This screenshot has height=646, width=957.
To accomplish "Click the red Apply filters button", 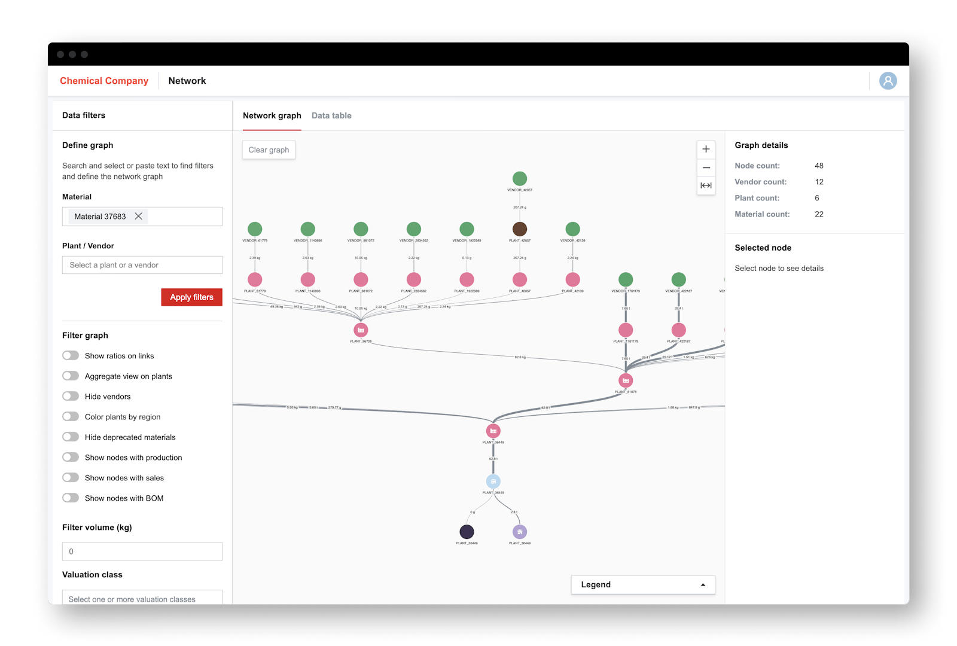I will pos(191,297).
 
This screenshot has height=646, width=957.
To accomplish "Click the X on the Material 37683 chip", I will pos(139,217).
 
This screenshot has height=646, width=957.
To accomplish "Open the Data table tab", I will pos(331,115).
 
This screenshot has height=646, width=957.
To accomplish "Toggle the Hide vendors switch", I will pos(71,397).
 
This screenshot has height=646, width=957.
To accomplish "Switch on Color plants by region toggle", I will pos(71,417).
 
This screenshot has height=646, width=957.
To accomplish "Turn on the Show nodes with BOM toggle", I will pos(71,498).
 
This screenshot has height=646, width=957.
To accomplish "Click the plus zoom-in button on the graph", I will pos(706,150).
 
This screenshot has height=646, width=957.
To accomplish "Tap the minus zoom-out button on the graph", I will pos(706,167).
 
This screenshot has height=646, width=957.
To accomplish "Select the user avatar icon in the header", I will pos(888,81).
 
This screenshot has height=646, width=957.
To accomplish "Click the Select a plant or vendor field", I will pos(142,265).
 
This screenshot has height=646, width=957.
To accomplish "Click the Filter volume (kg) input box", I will pos(142,551).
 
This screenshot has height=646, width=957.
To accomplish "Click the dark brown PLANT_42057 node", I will pos(520,229).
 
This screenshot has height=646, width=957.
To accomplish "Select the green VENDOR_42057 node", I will pos(520,178).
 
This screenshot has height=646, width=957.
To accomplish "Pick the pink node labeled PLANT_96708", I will pos(361,330).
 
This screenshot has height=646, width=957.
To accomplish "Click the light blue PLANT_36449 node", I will pos(493,482).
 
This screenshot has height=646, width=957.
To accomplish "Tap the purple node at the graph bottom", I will pos(520,532).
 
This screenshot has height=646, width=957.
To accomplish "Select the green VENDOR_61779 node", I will pos(255,229).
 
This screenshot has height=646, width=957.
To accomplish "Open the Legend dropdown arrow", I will pos(703,585).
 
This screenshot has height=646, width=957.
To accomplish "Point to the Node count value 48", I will pos(819,166).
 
